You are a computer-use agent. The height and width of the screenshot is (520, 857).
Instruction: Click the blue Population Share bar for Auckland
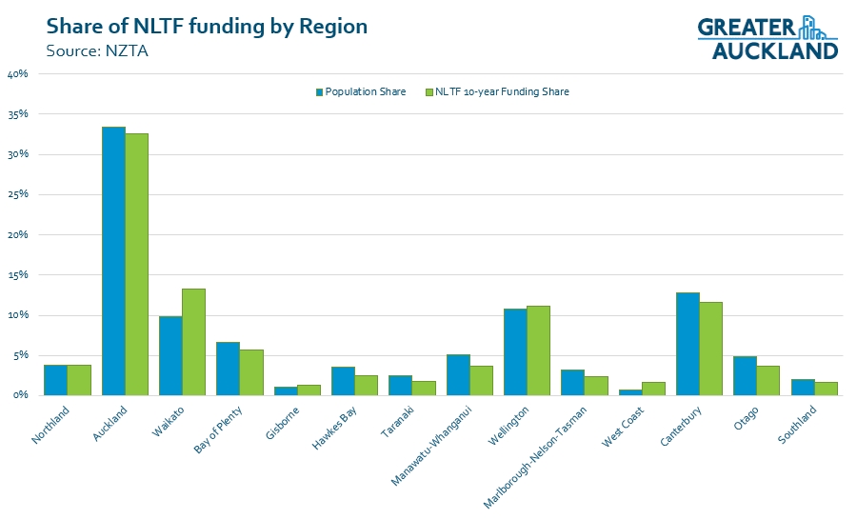point(114,261)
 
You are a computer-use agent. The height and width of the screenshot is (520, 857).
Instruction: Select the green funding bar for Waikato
point(194,342)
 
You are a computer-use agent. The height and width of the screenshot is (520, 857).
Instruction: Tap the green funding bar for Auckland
point(137,264)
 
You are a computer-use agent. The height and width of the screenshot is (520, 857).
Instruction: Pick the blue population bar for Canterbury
point(688,344)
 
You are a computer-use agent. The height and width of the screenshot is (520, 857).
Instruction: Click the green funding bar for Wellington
point(539,350)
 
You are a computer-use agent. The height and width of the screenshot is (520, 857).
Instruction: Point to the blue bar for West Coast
point(630,391)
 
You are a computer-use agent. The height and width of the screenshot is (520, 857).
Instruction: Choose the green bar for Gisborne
point(309,390)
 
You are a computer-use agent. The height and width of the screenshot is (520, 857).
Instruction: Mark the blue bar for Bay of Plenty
point(229,369)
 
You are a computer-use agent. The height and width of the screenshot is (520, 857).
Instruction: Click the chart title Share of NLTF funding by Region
point(207,26)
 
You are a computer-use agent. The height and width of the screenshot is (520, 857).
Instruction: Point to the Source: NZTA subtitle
point(97,50)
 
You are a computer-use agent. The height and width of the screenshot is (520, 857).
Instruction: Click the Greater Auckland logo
point(767,38)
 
